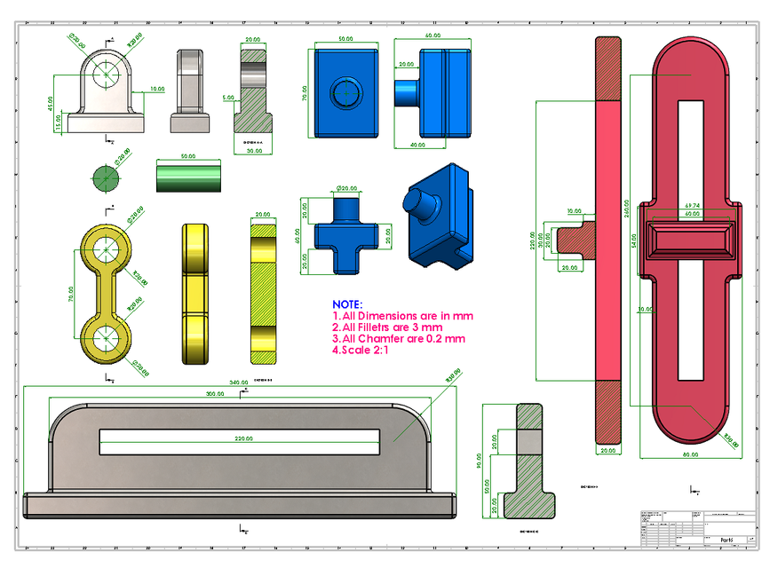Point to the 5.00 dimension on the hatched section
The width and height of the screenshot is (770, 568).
(228, 98)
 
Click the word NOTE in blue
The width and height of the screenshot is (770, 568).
(347, 304)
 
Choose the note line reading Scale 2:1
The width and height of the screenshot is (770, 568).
(364, 349)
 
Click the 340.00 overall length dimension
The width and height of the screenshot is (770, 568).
(239, 382)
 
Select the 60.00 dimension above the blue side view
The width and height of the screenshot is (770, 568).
(433, 35)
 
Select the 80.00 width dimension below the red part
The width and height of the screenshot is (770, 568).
(689, 454)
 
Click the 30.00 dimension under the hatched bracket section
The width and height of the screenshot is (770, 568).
(253, 150)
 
